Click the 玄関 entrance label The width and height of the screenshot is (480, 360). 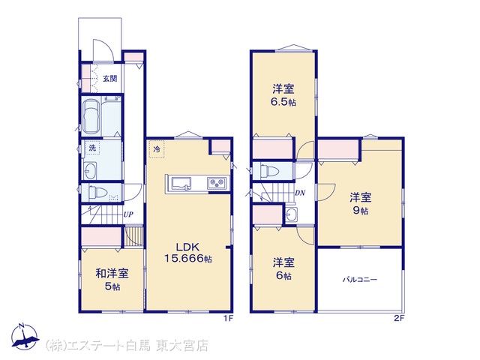(x=109, y=79)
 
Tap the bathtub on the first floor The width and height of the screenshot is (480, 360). (x=91, y=116)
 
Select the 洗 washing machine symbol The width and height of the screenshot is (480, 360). (x=92, y=148)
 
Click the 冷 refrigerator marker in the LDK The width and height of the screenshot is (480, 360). (x=157, y=149)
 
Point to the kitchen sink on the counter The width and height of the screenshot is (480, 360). (x=181, y=184)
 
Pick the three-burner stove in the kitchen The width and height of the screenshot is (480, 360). (x=217, y=184)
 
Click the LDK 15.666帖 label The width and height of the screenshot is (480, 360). (x=188, y=253)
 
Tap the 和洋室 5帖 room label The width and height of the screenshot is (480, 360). (x=112, y=280)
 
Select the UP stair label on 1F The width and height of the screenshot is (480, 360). (x=128, y=214)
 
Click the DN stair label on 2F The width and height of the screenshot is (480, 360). (x=300, y=193)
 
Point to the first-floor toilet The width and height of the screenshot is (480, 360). (x=97, y=193)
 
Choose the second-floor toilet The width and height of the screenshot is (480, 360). (x=268, y=170)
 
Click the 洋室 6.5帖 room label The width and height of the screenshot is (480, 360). (x=283, y=95)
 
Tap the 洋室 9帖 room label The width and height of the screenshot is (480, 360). (x=361, y=203)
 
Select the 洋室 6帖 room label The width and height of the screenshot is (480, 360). (x=283, y=268)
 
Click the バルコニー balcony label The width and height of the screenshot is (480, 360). (x=360, y=280)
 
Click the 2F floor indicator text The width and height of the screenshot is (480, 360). (x=399, y=319)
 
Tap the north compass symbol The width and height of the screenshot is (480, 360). (x=25, y=337)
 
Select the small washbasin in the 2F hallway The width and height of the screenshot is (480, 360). (x=291, y=214)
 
